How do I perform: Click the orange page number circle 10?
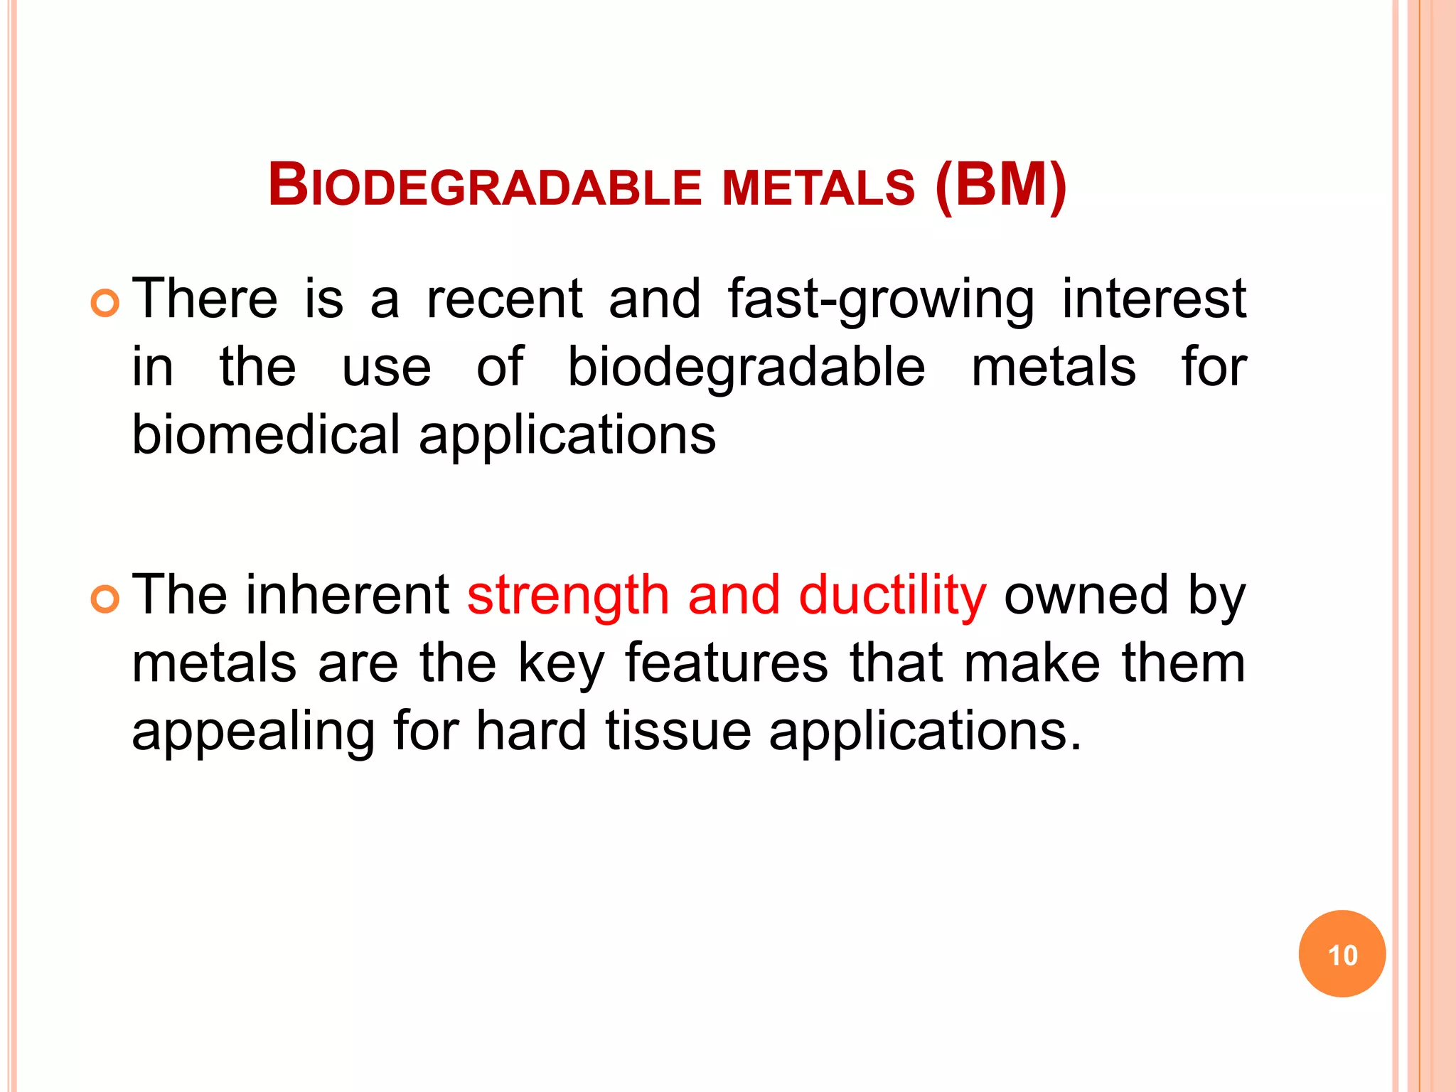[1342, 954]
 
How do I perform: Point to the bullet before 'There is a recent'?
[105, 304]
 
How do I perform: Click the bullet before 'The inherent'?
[105, 601]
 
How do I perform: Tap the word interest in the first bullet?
[1154, 299]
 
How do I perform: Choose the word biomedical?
[266, 435]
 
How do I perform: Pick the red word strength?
[567, 595]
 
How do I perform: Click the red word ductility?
[892, 595]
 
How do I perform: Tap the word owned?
[1086, 595]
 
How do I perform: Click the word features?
[726, 663]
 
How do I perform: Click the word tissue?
[678, 731]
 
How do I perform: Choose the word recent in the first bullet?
[504, 299]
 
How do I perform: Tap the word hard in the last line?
[531, 731]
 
